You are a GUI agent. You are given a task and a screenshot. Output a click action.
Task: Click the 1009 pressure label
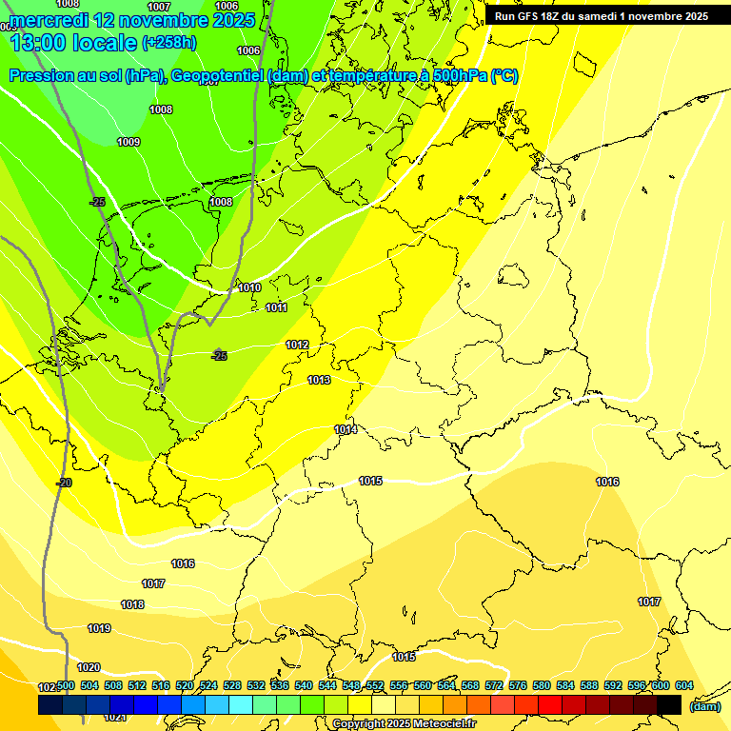coord(128,142)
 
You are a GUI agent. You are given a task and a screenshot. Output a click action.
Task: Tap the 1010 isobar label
coord(249,287)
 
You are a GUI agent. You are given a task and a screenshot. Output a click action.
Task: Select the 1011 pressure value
coord(276,307)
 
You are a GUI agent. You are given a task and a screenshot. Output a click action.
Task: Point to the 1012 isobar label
coord(297,345)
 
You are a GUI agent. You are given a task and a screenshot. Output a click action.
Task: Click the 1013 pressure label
coord(319,380)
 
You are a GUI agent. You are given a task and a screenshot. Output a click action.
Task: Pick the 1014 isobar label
coord(346,430)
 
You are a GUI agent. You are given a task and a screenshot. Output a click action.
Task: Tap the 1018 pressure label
coord(132,604)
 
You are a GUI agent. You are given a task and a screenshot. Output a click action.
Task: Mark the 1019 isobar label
coord(99,628)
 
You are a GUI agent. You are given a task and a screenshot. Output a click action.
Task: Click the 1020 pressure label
coord(89,667)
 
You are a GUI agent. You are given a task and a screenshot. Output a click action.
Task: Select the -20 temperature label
coord(64,483)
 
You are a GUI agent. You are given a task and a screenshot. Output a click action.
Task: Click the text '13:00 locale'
coord(73,42)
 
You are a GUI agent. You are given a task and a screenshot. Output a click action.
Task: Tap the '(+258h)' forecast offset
coord(169,43)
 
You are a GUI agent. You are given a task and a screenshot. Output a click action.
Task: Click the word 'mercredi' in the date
coord(56,19)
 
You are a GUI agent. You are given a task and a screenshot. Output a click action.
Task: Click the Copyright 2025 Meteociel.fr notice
coord(405,723)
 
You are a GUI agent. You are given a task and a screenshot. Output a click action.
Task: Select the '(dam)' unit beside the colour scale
coord(704,706)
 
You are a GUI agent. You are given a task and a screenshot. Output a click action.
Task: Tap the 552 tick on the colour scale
coord(375,685)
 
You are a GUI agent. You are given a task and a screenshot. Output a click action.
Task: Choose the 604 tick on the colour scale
coord(683,685)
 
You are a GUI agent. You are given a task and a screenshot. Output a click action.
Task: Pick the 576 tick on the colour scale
coord(518,685)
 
